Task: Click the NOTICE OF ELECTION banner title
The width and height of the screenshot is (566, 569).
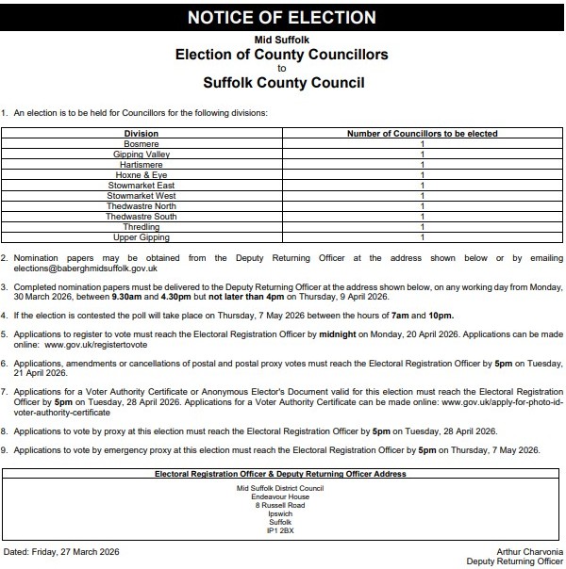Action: pos(282,18)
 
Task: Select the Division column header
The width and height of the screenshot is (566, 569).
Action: pos(141,134)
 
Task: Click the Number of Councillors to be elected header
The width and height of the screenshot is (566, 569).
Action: pos(422,134)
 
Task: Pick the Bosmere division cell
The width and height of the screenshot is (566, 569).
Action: pos(141,144)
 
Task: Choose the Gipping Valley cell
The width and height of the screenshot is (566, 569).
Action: pos(141,154)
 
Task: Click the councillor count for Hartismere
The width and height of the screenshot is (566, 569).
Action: pos(422,165)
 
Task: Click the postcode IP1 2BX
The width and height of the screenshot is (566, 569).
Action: pos(280,530)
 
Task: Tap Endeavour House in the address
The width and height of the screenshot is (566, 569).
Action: pos(280,496)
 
